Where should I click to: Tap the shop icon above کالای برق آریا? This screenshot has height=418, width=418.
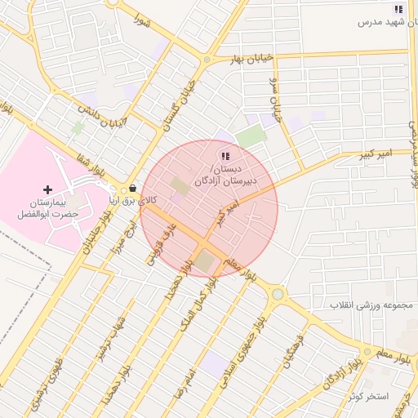pos(132,187)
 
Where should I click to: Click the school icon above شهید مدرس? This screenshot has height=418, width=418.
pos(398,9)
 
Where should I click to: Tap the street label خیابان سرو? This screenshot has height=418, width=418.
pos(274,102)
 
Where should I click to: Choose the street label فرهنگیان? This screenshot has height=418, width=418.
pos(291,352)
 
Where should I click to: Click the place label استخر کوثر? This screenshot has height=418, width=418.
pos(367,396)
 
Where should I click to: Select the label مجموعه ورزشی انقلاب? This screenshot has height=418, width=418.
pos(372,305)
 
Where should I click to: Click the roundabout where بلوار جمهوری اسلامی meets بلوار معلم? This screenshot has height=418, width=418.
pos(278,293)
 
